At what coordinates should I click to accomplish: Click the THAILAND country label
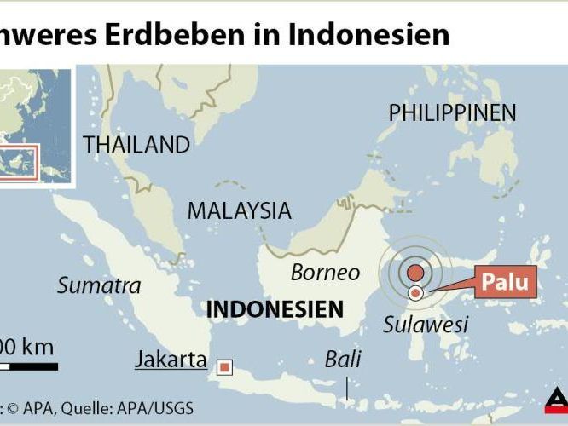click(136, 145)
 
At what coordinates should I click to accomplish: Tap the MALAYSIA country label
click(239, 210)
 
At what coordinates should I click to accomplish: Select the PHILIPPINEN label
click(452, 112)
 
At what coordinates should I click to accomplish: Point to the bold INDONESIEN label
click(275, 308)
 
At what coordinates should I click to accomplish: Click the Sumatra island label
click(99, 285)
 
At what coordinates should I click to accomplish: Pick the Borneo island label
click(325, 273)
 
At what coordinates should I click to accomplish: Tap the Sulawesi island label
click(426, 324)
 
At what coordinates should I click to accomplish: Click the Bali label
click(342, 359)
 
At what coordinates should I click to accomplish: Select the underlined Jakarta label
click(171, 360)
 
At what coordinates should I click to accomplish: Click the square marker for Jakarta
click(225, 367)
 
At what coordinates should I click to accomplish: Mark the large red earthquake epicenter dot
click(414, 273)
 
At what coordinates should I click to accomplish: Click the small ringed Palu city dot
click(415, 293)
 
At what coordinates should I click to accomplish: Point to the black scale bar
click(29, 367)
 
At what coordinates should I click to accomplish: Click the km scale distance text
click(27, 347)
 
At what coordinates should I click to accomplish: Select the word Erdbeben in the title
click(165, 34)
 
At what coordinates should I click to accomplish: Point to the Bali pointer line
click(346, 388)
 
